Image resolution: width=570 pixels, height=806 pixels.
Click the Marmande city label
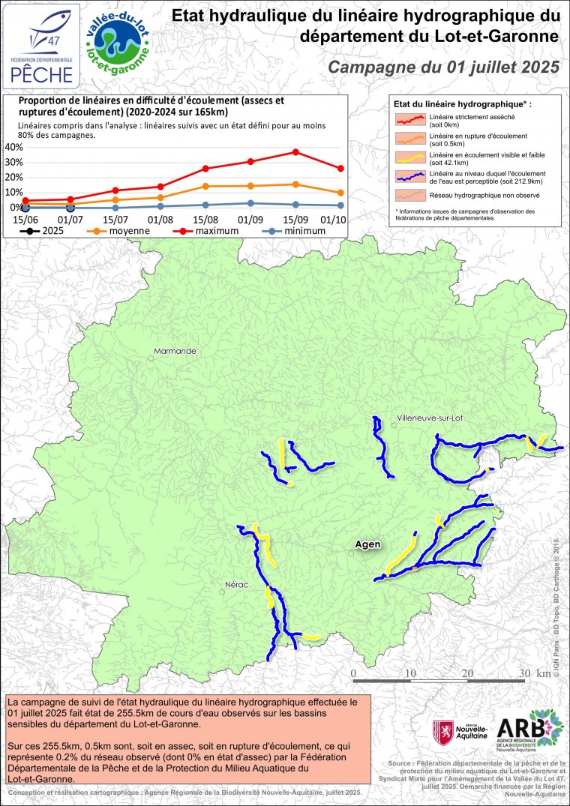[174, 351]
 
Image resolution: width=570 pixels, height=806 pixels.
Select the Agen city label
[367, 544]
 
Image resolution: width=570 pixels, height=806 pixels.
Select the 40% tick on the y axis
[13, 147]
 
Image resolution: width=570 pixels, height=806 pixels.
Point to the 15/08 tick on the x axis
[205, 219]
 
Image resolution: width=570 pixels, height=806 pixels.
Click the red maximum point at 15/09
[295, 152]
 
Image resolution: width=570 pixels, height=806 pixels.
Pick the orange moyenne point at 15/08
[205, 186]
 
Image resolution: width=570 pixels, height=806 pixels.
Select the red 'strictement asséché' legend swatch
[410, 119]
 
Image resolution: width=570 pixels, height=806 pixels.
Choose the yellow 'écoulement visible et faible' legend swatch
[410, 157]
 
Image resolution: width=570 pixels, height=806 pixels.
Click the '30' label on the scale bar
[523, 673]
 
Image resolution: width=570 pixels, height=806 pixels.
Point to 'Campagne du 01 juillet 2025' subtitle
[445, 67]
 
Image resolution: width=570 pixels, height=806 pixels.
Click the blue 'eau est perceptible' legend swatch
[410, 176]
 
